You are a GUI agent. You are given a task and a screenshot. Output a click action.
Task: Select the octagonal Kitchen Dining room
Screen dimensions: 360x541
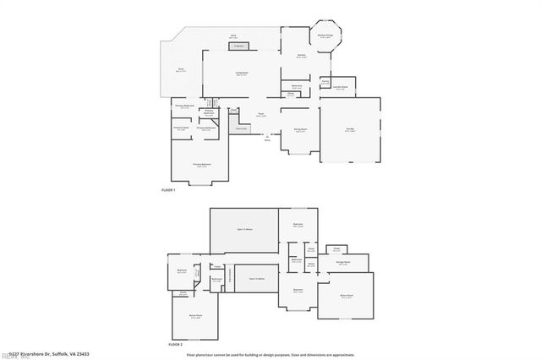pyautogui.click(x=325, y=38)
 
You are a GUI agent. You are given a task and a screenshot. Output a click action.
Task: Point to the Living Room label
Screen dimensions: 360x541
pyautogui.click(x=242, y=74)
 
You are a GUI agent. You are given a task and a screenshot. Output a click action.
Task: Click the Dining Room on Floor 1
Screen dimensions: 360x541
pyautogui.click(x=299, y=130)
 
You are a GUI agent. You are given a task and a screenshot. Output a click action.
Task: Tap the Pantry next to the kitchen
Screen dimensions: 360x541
pyautogui.click(x=325, y=82)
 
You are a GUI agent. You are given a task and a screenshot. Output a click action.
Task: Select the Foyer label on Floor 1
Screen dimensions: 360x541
pyautogui.click(x=262, y=115)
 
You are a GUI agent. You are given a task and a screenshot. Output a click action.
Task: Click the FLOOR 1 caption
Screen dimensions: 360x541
pyautogui.click(x=168, y=190)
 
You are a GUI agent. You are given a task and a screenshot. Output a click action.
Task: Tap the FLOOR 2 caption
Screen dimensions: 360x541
pyautogui.click(x=175, y=345)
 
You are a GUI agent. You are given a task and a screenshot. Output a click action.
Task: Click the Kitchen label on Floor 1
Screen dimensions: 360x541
pyautogui.click(x=301, y=56)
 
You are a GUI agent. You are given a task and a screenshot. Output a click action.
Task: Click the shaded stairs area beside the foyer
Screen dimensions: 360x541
pyautogui.click(x=240, y=128)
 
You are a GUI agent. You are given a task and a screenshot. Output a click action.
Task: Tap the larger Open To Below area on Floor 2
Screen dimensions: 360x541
pyautogui.click(x=244, y=229)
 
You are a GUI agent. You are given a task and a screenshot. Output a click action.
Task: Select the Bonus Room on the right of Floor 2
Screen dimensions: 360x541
pyautogui.click(x=347, y=297)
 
